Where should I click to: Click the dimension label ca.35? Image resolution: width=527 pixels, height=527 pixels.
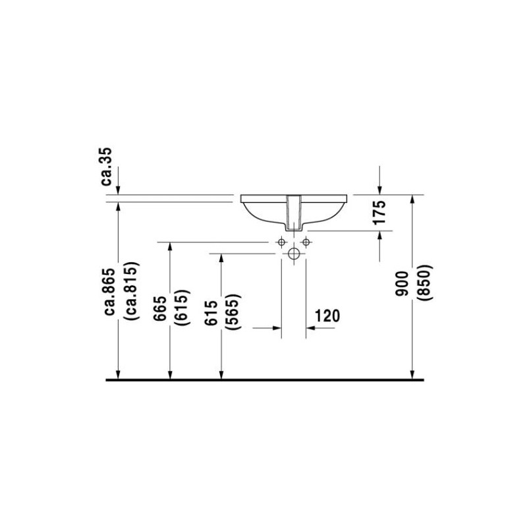click(x=108, y=167)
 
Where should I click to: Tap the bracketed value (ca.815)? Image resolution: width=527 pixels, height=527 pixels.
click(x=129, y=292)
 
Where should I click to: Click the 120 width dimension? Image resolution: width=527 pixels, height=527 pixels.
click(x=327, y=316)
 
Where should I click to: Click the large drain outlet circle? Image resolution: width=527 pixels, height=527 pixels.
click(x=294, y=253)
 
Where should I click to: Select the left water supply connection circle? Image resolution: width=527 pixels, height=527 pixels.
click(x=281, y=242)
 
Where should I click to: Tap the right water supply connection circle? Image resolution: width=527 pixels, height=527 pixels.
click(x=306, y=242)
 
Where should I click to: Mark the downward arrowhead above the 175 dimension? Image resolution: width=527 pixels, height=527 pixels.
click(x=380, y=189)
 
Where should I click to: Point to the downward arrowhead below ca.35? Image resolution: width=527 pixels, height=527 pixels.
click(x=117, y=189)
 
